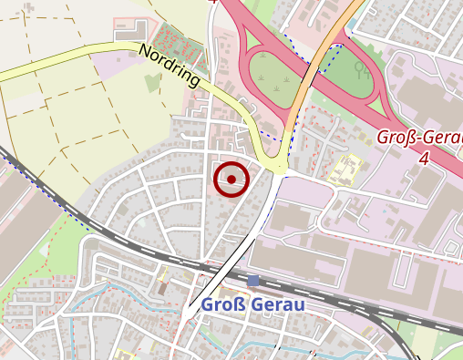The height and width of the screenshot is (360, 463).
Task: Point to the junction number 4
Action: coord(423,159)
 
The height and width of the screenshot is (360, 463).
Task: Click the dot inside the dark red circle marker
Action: coord(231,180)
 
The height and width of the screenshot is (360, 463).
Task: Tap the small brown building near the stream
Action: coord(163,286)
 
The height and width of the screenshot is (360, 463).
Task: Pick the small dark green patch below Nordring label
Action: coord(151,83)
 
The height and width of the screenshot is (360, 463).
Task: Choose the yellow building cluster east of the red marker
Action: coord(346,169)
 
